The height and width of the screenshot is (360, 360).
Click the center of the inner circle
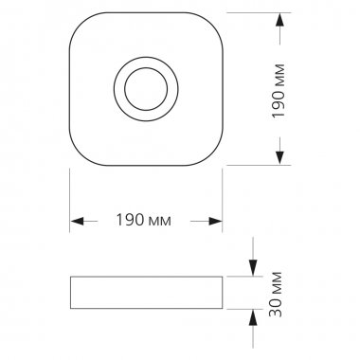146,89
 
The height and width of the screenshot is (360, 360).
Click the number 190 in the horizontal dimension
130,220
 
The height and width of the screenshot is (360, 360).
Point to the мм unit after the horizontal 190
159,222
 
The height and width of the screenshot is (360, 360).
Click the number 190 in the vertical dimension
278,104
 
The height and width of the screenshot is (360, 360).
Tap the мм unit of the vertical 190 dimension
279,76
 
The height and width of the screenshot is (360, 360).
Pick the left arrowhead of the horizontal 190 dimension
78,221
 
